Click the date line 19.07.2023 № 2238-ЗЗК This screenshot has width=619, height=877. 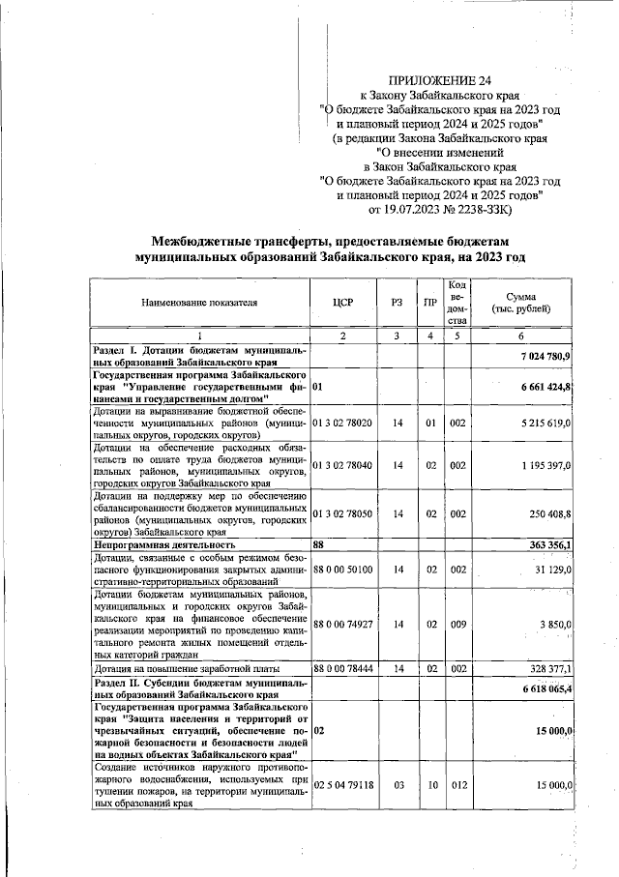440,209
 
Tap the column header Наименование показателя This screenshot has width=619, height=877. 200,302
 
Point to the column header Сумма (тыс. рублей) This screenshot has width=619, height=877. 521,302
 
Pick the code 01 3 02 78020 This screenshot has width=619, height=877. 344,423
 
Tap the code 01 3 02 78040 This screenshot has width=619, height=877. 344,465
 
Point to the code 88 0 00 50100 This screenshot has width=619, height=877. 344,570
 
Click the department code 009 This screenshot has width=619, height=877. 457,625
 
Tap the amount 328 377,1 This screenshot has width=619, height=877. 550,668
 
